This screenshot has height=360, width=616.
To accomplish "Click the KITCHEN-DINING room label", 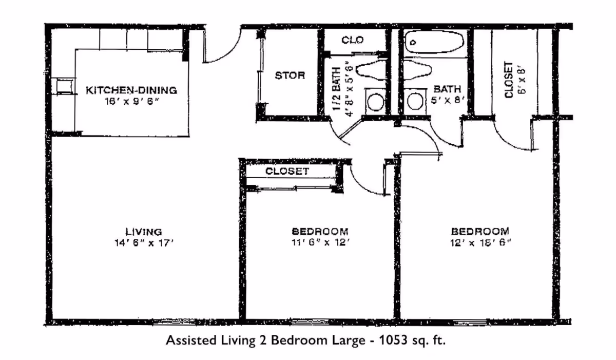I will [131, 90].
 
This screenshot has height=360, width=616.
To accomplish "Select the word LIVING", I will [144, 231].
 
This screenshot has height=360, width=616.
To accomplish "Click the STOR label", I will [290, 75].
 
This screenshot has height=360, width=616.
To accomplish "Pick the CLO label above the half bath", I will [353, 40].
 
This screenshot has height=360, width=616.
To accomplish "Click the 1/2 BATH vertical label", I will [337, 87].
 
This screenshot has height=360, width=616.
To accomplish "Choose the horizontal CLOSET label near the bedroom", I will [287, 171].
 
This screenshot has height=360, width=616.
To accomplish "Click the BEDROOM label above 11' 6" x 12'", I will [320, 231].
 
